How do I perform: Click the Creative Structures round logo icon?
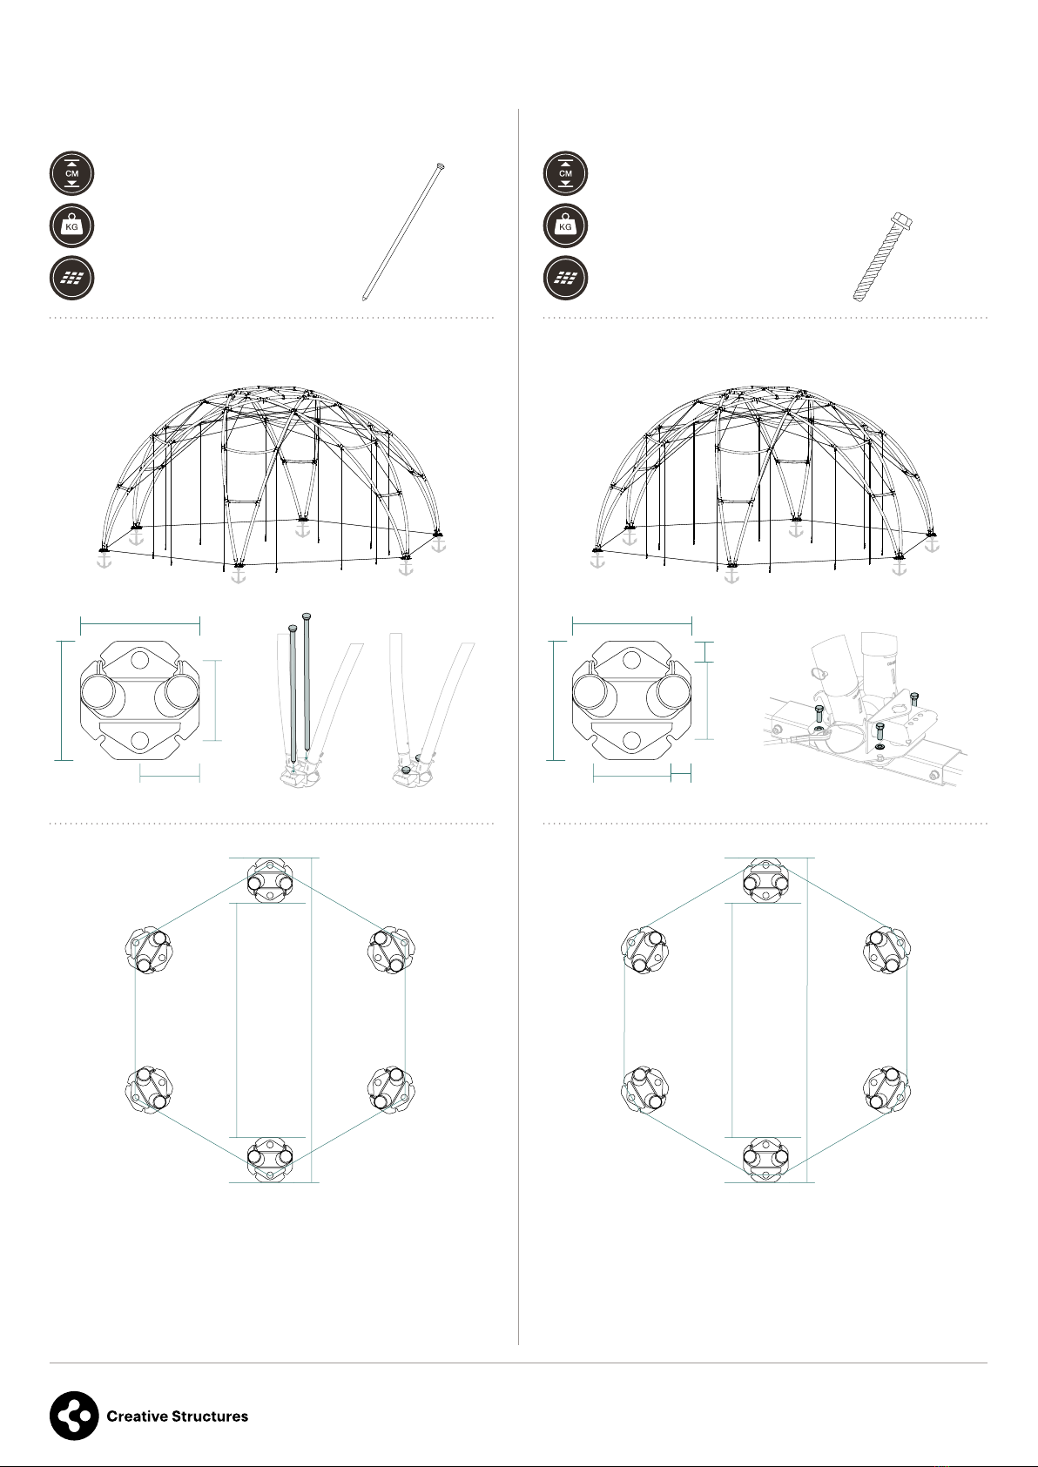(x=74, y=1416)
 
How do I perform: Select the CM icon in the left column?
(x=72, y=173)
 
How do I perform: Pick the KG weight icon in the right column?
(x=565, y=226)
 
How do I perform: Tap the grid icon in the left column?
(x=72, y=279)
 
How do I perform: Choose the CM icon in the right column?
(x=565, y=173)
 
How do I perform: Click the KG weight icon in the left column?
(x=72, y=226)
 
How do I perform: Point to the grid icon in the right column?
(x=565, y=279)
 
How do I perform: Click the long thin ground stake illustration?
(x=403, y=232)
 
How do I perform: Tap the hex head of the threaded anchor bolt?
(x=902, y=221)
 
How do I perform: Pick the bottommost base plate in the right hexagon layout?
(x=765, y=1160)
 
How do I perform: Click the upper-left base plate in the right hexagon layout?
(x=644, y=950)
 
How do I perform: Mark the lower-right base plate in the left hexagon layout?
(x=391, y=1090)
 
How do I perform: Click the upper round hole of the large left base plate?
(x=139, y=659)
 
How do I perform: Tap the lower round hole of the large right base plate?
(x=632, y=741)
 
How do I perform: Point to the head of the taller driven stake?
(x=306, y=616)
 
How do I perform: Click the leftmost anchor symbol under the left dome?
(x=104, y=561)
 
